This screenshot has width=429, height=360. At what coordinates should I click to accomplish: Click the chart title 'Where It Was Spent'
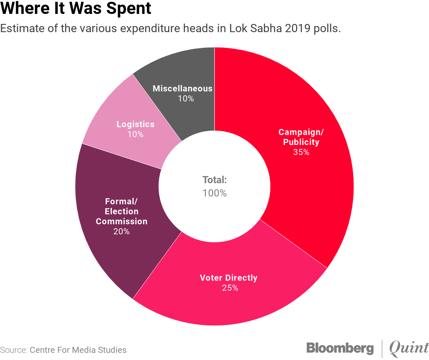coord(76,9)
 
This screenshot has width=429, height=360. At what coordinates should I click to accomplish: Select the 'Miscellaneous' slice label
coord(182,89)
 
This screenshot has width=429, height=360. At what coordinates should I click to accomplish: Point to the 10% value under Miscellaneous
coord(186,99)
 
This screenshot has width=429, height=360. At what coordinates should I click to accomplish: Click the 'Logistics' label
coord(135,124)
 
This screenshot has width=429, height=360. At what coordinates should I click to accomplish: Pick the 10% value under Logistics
coord(135,135)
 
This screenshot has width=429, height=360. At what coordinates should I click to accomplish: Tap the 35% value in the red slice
coord(301,152)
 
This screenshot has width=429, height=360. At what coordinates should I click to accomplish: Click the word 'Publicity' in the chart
coord(301,142)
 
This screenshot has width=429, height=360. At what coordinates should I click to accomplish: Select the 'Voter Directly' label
coord(228,278)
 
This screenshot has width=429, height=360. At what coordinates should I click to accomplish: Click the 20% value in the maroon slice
coord(122,231)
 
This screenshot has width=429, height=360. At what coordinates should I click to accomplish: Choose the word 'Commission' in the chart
coord(122,221)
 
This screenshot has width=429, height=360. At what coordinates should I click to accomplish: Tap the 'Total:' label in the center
coord(214,180)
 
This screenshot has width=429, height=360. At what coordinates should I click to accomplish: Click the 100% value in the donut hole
coord(214,193)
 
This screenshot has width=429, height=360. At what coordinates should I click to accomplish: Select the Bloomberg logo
coord(340,348)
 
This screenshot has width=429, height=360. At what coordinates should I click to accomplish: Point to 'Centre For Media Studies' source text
coord(78,350)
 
